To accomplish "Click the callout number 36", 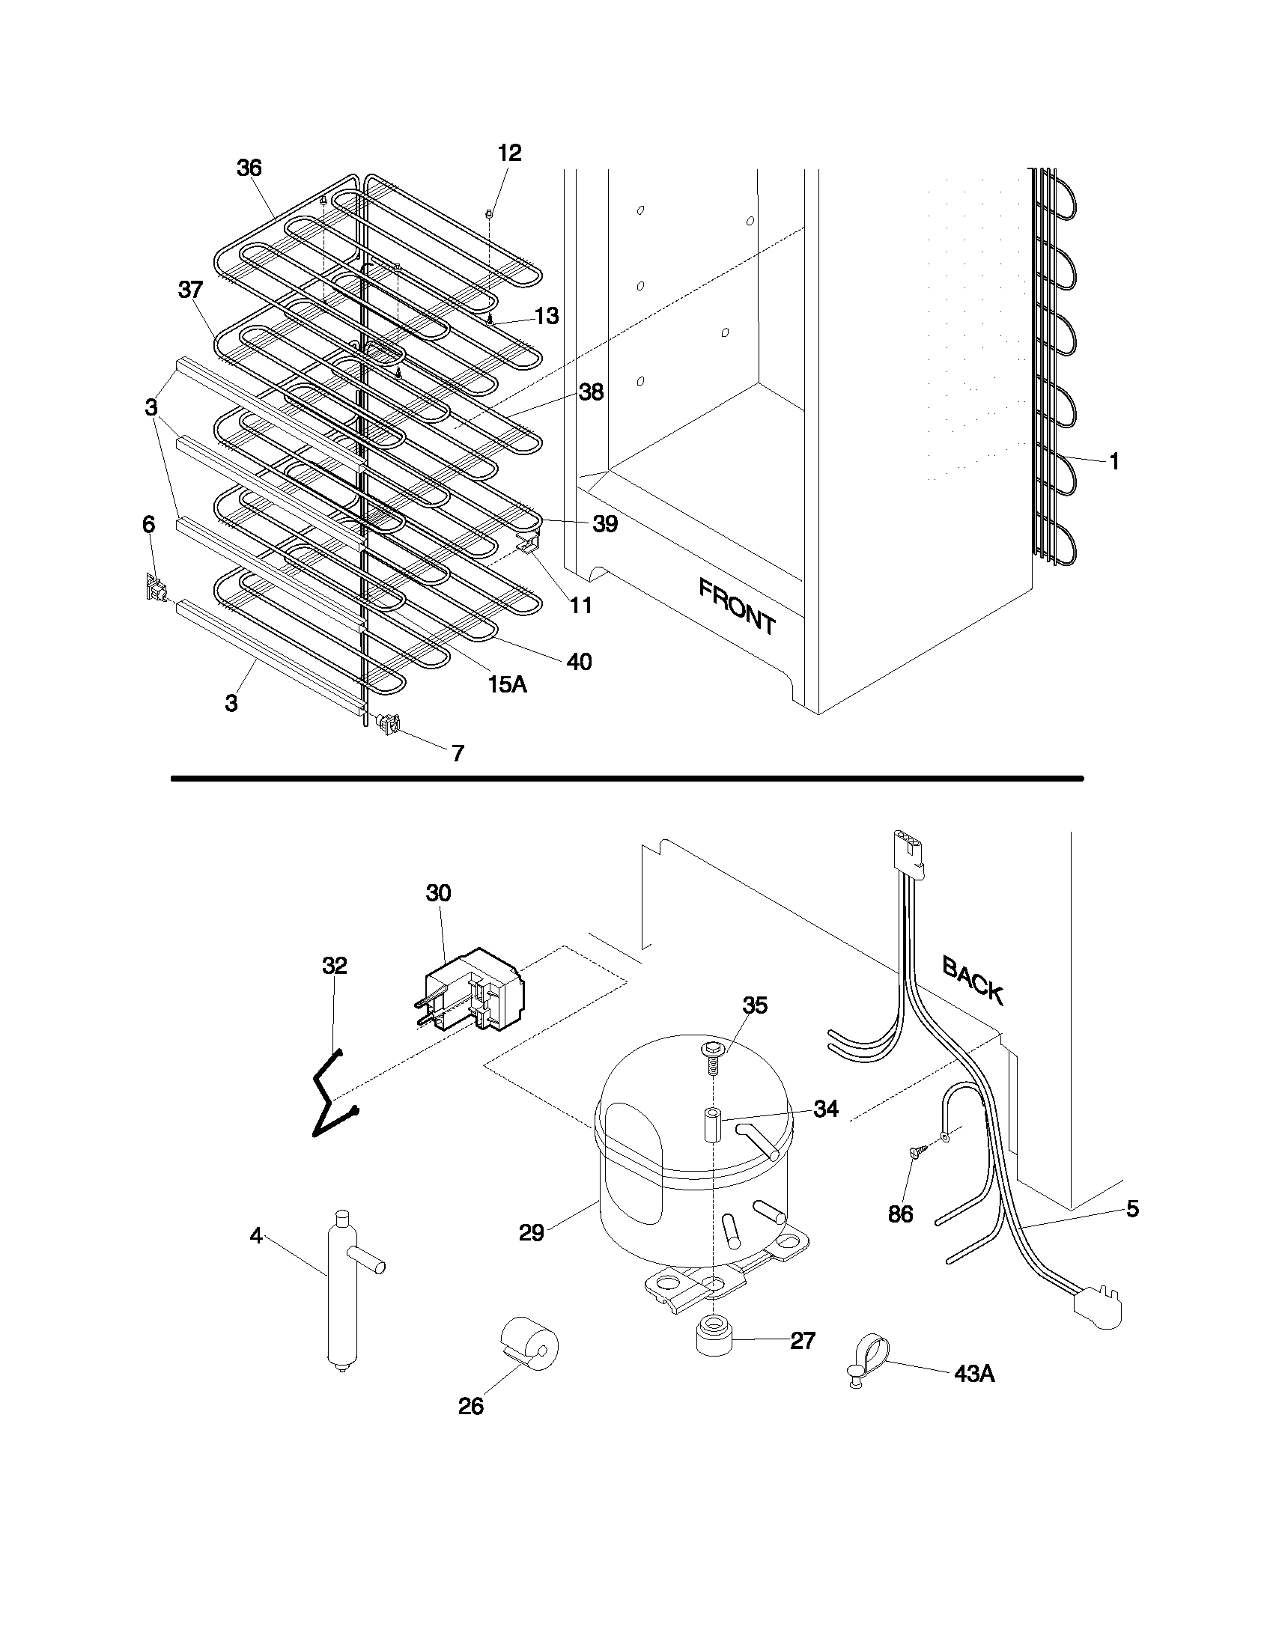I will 249,168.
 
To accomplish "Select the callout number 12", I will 509,153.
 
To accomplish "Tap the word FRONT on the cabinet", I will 736,606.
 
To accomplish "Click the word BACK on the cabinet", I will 973,980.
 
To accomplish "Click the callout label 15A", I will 506,685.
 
